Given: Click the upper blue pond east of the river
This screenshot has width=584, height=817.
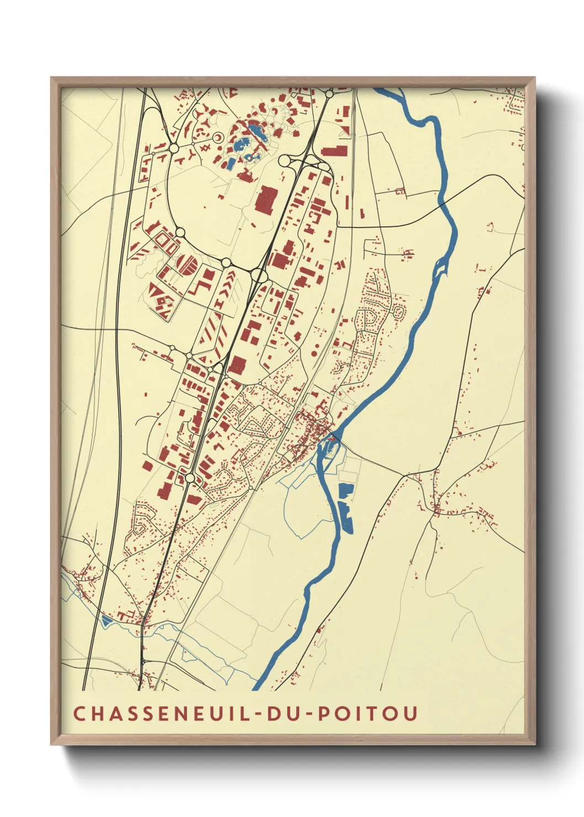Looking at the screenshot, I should [346, 489].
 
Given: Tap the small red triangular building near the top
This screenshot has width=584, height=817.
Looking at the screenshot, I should [346, 130].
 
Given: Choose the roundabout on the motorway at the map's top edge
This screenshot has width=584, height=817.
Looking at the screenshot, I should [330, 94].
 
